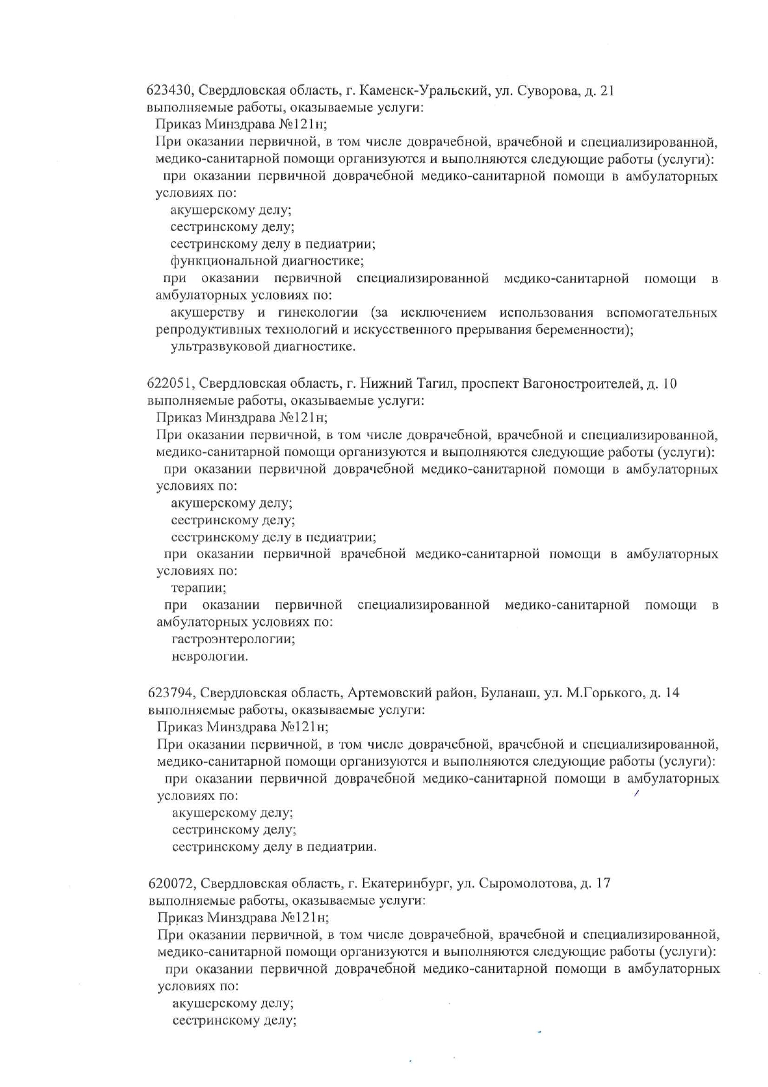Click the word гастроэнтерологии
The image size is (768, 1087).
tap(233, 638)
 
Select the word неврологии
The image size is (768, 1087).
tap(209, 656)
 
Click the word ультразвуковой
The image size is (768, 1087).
tap(218, 346)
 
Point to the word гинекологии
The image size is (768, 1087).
tap(317, 312)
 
